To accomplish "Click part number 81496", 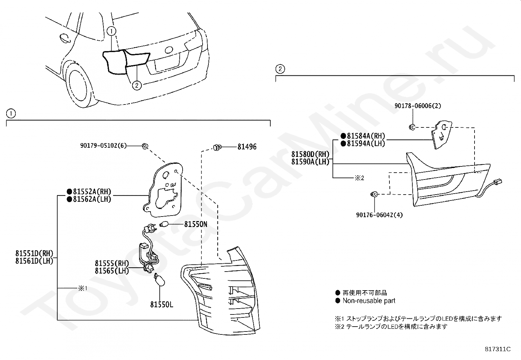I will point(247,147).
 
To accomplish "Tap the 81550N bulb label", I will point(196,224).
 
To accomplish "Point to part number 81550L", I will point(162,305).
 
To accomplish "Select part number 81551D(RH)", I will point(34,254).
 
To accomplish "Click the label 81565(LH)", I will point(112,271).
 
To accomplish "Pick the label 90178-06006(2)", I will point(418,106).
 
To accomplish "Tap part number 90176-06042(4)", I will point(379,215).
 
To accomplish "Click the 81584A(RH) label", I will point(366,136).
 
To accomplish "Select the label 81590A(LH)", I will point(310,161).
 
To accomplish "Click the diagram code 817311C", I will point(498,349).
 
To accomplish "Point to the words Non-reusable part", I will point(369,301).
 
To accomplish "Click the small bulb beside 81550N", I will point(164,224).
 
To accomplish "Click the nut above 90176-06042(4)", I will point(375,194).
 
